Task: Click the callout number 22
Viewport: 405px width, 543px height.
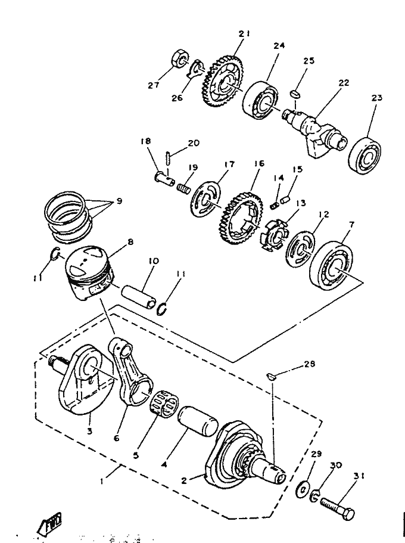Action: click(x=343, y=83)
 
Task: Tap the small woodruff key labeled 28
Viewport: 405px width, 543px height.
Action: click(x=272, y=376)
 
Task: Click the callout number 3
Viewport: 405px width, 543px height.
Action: click(x=89, y=432)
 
